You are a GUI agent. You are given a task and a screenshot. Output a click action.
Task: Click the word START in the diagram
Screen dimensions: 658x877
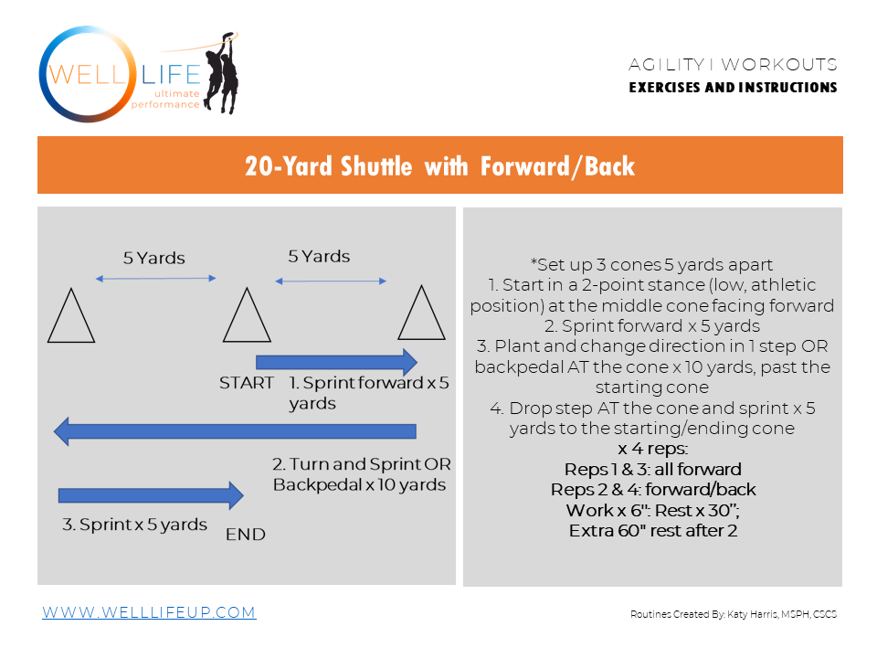(x=247, y=383)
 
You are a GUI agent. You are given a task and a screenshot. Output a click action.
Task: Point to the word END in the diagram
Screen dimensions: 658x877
(x=246, y=535)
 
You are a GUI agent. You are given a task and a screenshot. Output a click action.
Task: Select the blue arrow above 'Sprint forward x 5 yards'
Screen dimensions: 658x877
(x=336, y=360)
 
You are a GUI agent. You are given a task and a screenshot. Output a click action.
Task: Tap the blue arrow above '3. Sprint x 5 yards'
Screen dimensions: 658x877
(x=151, y=495)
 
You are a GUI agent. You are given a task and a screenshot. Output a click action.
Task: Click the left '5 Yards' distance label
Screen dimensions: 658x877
(x=153, y=259)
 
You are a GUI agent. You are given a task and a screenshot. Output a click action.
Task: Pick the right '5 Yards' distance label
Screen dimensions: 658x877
(x=319, y=257)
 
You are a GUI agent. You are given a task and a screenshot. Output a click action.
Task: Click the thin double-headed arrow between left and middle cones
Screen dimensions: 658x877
(x=156, y=279)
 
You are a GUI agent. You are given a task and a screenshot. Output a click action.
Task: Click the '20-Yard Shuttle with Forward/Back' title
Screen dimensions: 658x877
(x=439, y=166)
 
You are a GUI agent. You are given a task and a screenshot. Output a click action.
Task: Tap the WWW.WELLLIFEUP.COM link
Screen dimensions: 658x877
(x=149, y=612)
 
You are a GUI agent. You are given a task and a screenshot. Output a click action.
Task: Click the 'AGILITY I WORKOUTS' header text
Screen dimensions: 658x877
(x=733, y=65)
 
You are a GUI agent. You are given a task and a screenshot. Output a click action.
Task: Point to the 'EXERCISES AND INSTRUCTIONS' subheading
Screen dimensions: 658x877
(x=733, y=88)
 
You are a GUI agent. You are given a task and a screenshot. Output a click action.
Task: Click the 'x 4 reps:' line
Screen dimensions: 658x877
(x=652, y=450)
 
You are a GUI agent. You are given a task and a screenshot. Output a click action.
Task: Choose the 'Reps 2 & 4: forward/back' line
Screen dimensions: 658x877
(x=652, y=490)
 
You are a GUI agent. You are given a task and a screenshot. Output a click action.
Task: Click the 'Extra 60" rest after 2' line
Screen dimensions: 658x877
(x=652, y=530)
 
